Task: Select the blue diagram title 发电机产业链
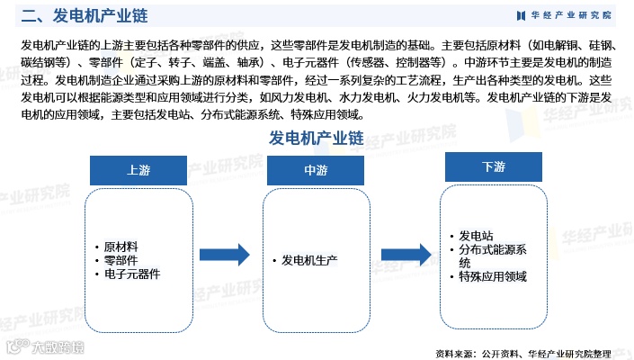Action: [316, 139]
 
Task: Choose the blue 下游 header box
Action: [493, 168]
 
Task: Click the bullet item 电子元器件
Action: [132, 274]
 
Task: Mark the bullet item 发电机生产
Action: [309, 260]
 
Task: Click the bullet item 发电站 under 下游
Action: [476, 236]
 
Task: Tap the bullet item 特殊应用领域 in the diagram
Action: [493, 277]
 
